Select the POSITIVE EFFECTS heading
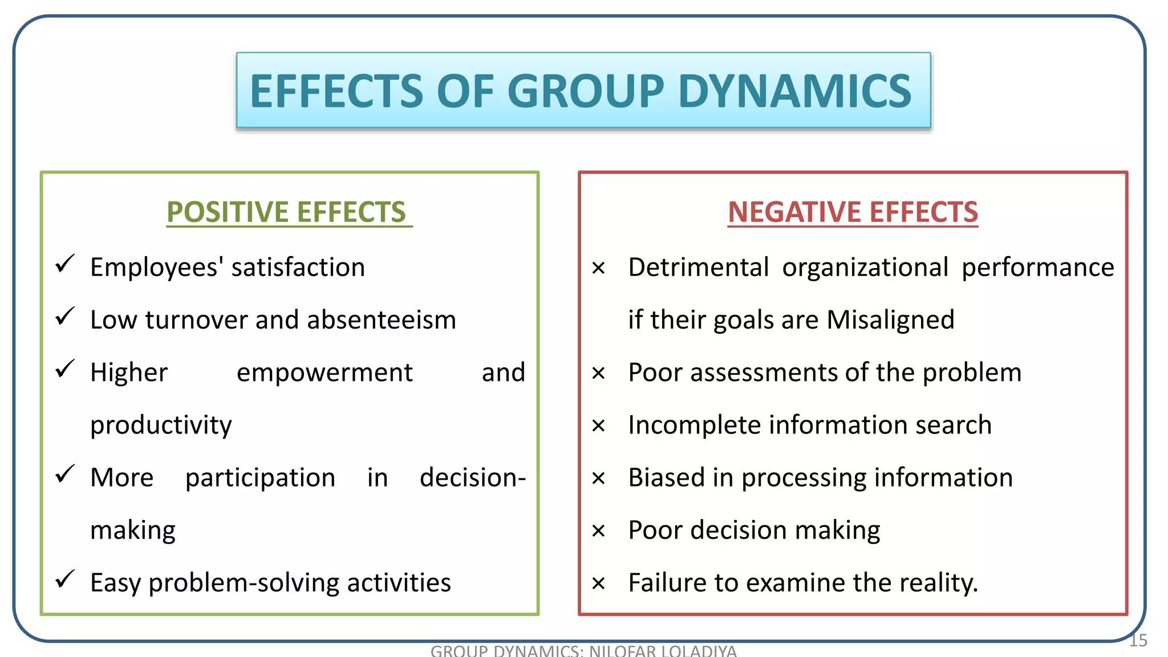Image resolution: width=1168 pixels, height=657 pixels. coord(286,212)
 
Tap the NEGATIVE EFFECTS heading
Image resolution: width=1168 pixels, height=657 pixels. coord(853,212)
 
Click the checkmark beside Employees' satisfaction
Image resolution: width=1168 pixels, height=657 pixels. coord(65,263)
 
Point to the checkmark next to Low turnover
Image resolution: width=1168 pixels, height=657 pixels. coord(65,316)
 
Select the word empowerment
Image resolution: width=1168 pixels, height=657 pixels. coord(325,373)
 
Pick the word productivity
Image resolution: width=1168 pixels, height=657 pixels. coord(161,425)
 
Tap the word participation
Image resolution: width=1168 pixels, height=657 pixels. coord(260,478)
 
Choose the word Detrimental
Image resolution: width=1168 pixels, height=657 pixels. coord(699,267)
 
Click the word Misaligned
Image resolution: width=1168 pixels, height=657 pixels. coord(890,320)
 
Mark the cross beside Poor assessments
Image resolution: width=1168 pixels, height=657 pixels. coord(598,374)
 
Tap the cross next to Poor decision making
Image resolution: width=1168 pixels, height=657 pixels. coord(598,532)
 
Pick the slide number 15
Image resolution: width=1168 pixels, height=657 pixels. coord(1138,640)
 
